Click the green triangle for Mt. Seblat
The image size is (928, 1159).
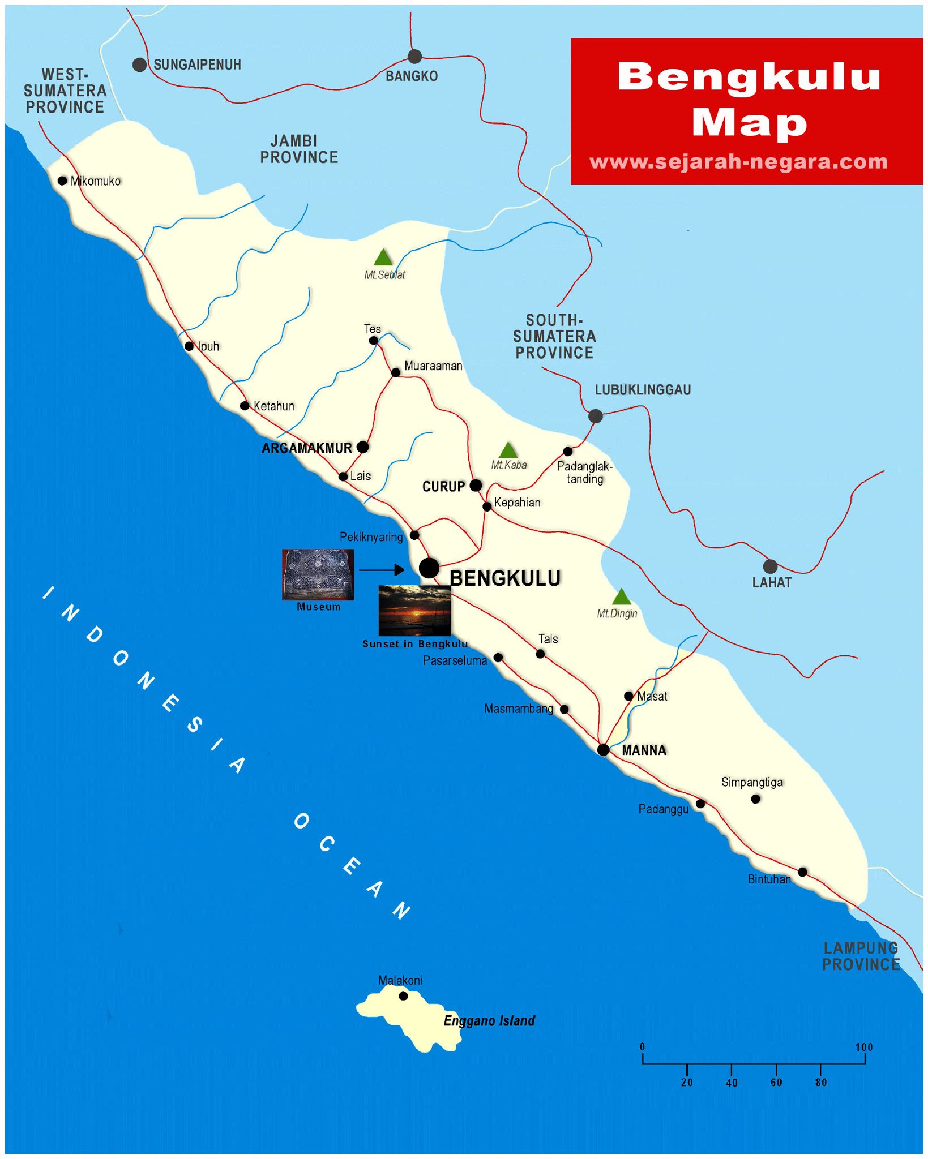pyautogui.click(x=383, y=258)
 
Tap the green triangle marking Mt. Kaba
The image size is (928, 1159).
pyautogui.click(x=508, y=451)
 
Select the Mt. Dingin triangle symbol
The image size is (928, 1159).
pyautogui.click(x=621, y=597)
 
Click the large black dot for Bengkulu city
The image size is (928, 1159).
pyautogui.click(x=429, y=568)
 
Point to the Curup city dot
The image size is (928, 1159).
pyautogui.click(x=476, y=485)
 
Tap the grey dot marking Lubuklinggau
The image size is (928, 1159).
pyautogui.click(x=595, y=416)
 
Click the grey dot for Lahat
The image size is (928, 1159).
pyautogui.click(x=770, y=566)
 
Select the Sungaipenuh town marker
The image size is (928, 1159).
pyautogui.click(x=139, y=65)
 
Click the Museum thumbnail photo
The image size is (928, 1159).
pyautogui.click(x=318, y=574)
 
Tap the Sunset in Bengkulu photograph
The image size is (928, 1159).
pyautogui.click(x=414, y=611)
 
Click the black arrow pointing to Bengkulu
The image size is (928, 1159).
pyautogui.click(x=382, y=570)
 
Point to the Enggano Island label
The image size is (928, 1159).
pyautogui.click(x=489, y=1021)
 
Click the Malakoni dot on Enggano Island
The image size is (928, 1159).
pyautogui.click(x=403, y=996)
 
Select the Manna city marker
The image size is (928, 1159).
pyautogui.click(x=603, y=750)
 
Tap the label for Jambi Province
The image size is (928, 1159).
pyautogui.click(x=299, y=149)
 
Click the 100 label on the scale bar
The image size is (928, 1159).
pyautogui.click(x=863, y=1048)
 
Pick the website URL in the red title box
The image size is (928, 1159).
pyautogui.click(x=738, y=162)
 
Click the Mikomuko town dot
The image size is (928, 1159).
pyautogui.click(x=62, y=181)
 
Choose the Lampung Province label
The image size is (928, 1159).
pyautogui.click(x=861, y=956)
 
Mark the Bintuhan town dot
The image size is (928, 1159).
pyautogui.click(x=802, y=872)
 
